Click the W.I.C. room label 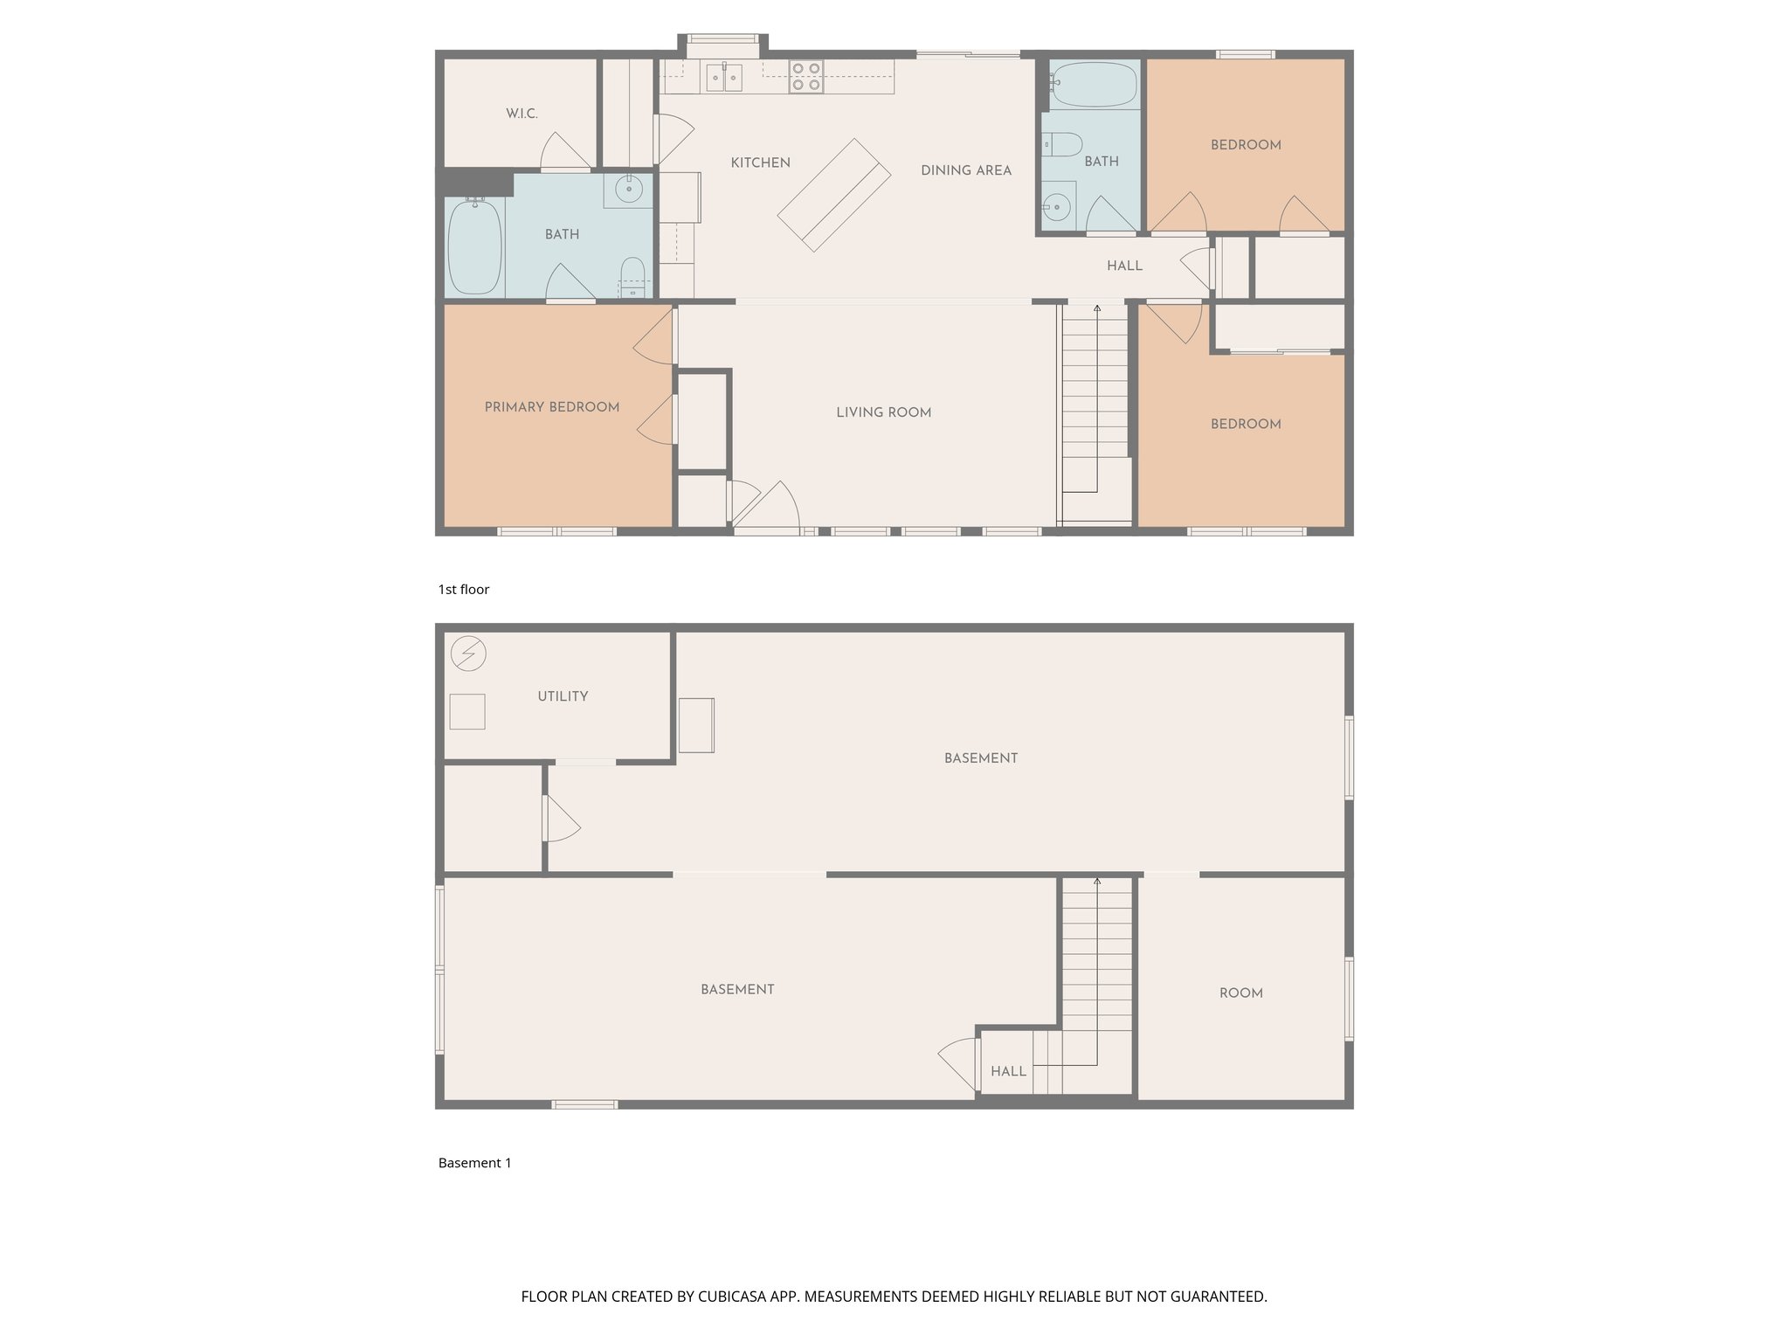click(x=522, y=114)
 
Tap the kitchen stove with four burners click(x=805, y=77)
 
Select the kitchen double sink click(x=724, y=78)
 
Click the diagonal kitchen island click(x=833, y=195)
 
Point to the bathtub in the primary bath click(x=474, y=247)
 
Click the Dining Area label click(x=965, y=170)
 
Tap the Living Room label click(x=883, y=412)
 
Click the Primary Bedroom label click(x=551, y=407)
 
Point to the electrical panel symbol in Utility click(x=468, y=654)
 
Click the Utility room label click(x=563, y=696)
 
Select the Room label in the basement click(x=1240, y=993)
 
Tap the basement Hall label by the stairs click(x=1008, y=1071)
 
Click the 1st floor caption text click(x=463, y=590)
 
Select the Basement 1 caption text click(x=474, y=1163)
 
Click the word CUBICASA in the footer click(x=733, y=1297)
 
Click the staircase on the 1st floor click(x=1095, y=411)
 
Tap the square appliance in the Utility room click(x=467, y=711)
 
